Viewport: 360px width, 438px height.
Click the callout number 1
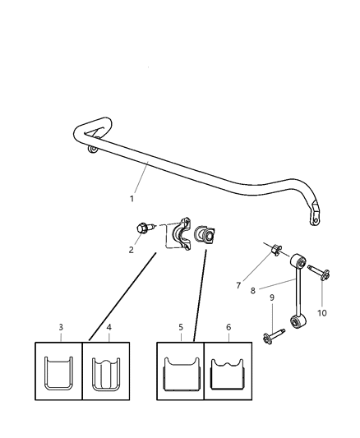(132, 199)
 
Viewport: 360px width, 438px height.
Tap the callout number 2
(132, 250)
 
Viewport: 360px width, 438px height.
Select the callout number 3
(61, 327)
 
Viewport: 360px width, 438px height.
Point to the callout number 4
(109, 327)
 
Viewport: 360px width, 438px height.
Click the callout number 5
(181, 327)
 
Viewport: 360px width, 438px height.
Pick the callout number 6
(228, 327)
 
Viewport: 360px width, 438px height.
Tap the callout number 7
(238, 285)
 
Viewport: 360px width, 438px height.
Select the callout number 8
(253, 291)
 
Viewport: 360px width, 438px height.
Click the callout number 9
(272, 297)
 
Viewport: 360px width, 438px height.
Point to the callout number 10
(322, 313)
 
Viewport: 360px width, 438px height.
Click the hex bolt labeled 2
(145, 228)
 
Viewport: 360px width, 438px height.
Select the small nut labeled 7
(276, 250)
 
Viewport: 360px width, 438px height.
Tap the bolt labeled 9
(273, 335)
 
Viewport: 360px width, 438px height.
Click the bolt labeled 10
(319, 272)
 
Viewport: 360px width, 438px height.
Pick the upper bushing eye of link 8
(298, 260)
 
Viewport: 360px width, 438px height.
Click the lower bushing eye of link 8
(298, 321)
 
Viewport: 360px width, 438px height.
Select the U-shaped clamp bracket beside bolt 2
(182, 235)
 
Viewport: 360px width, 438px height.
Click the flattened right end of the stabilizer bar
(315, 213)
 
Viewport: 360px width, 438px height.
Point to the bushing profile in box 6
(228, 374)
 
